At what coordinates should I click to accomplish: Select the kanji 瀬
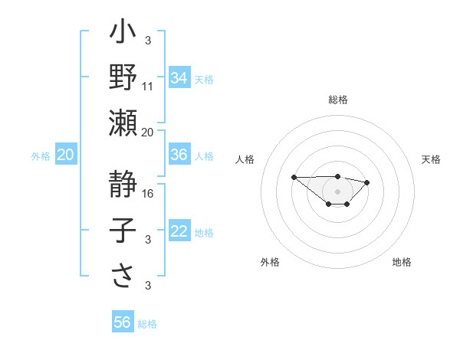(x=123, y=123)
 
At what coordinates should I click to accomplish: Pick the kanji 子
(x=123, y=231)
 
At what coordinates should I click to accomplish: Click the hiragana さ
(x=123, y=277)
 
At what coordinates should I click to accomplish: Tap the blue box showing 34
(x=179, y=78)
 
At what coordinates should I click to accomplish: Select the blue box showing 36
(x=179, y=155)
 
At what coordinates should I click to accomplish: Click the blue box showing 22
(x=179, y=231)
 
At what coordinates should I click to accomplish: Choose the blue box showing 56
(x=123, y=322)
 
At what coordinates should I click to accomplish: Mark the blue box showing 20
(x=65, y=155)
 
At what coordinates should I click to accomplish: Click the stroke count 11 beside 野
(x=148, y=87)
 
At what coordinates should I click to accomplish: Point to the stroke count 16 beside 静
(x=148, y=194)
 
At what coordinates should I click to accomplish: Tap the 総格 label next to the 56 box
(x=147, y=324)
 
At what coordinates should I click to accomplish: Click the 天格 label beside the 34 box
(x=204, y=80)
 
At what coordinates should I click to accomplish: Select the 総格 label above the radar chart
(x=337, y=100)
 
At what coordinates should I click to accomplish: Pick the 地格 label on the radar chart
(x=402, y=262)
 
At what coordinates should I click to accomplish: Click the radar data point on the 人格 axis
(x=294, y=178)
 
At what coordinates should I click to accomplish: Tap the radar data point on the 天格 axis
(x=367, y=182)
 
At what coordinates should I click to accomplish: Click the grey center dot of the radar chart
(x=337, y=191)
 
